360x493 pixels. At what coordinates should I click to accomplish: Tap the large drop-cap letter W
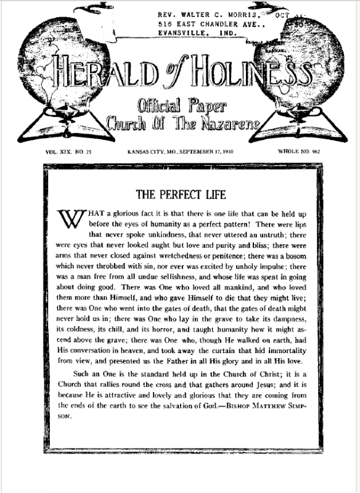pyautogui.click(x=70, y=219)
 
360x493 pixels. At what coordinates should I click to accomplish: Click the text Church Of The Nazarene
pyautogui.click(x=180, y=119)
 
